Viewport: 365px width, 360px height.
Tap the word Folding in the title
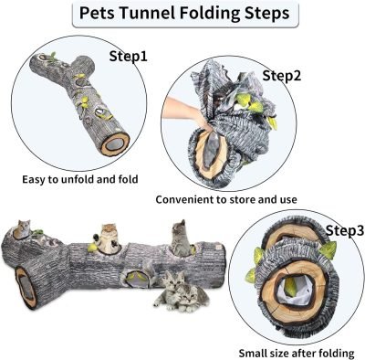click(211, 15)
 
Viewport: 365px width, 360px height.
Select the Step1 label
click(129, 56)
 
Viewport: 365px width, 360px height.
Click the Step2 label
click(282, 75)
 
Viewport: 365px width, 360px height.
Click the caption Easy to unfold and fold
click(80, 178)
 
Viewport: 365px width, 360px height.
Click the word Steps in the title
click(268, 15)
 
